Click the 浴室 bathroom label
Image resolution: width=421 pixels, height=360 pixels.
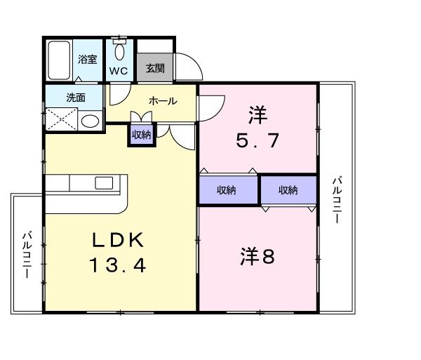coord(87,60)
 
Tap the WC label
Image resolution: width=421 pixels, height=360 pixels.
coord(119,72)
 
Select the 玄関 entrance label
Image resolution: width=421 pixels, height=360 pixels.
coord(155,68)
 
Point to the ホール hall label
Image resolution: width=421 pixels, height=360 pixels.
coord(162,101)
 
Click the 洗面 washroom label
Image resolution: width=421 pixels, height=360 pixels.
coord(76,98)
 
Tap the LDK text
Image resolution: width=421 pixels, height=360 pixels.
coord(117,241)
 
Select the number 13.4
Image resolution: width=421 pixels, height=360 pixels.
coord(117,265)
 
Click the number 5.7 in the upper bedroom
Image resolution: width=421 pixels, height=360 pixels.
coord(258,140)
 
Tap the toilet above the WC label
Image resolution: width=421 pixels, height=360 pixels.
coord(120,49)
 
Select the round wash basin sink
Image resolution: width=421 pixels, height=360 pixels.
coord(90,121)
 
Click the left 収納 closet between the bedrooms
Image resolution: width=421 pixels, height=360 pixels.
coord(227,190)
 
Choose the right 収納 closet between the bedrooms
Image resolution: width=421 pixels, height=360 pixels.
coord(288,190)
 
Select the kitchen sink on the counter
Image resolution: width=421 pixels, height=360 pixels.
coord(104,183)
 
